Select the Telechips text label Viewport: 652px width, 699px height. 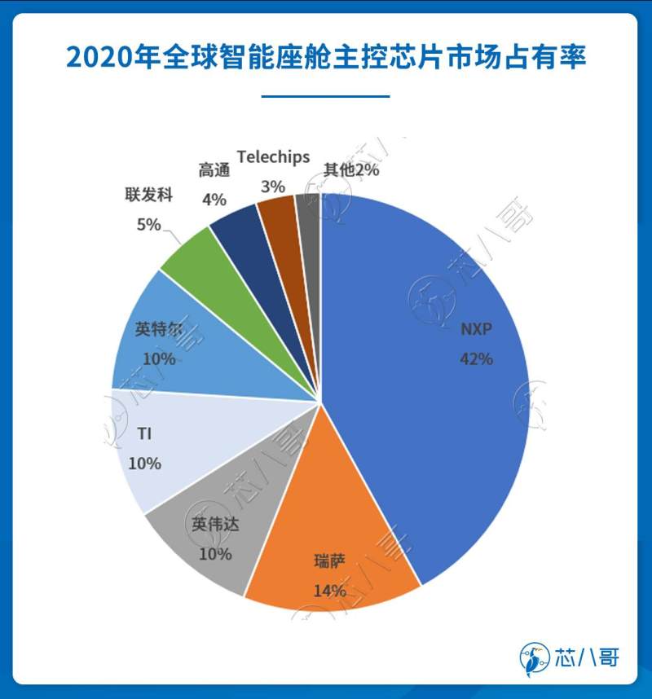273,156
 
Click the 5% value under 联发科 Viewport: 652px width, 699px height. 148,225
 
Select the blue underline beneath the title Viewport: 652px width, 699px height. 325,96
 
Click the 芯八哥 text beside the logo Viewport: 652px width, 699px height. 585,657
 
